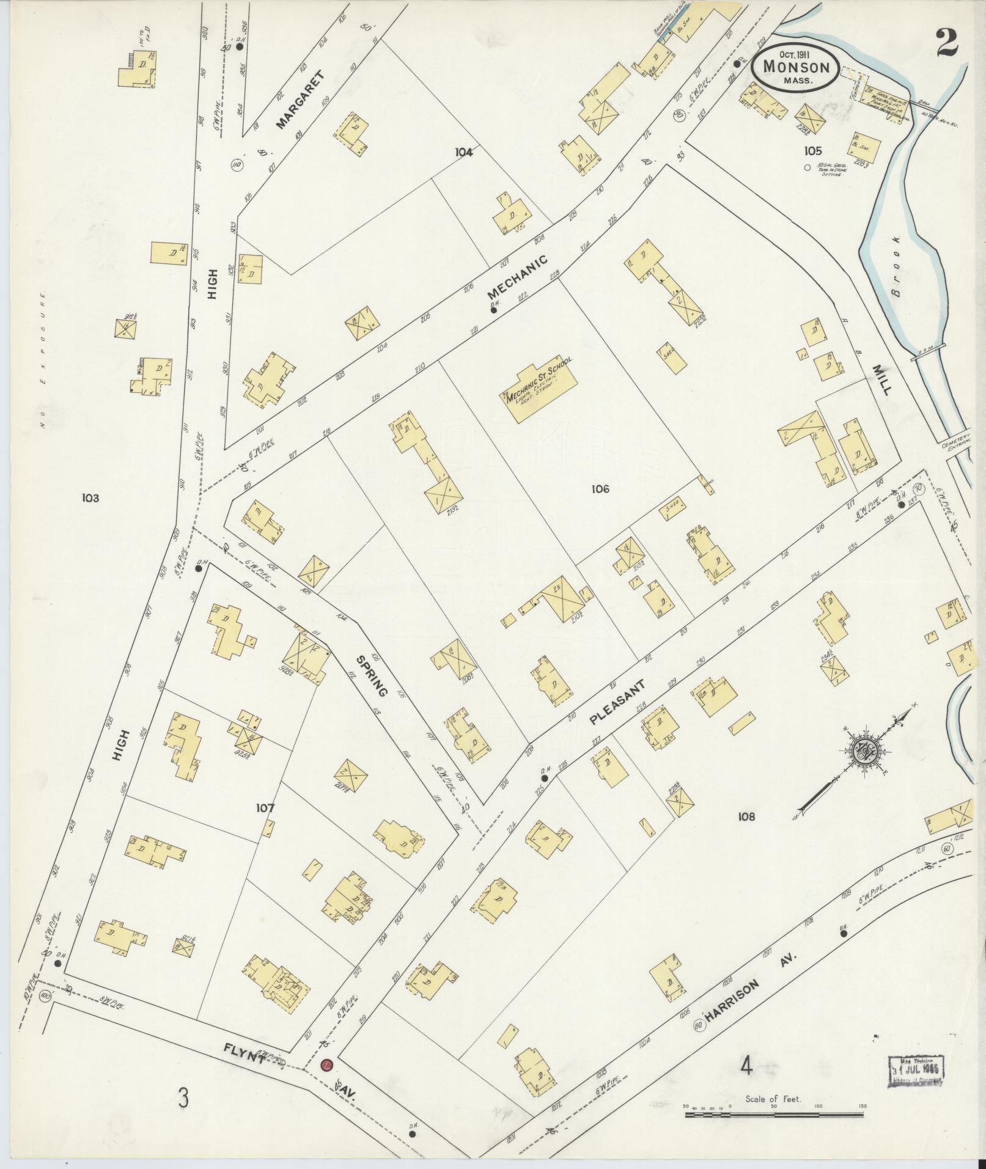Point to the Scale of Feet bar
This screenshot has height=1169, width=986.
click(774, 1115)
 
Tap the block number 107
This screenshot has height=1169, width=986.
click(265, 808)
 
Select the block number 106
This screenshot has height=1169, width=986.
click(600, 488)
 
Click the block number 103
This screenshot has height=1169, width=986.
click(90, 498)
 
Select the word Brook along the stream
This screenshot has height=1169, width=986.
click(896, 266)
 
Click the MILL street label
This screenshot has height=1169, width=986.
click(881, 379)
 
